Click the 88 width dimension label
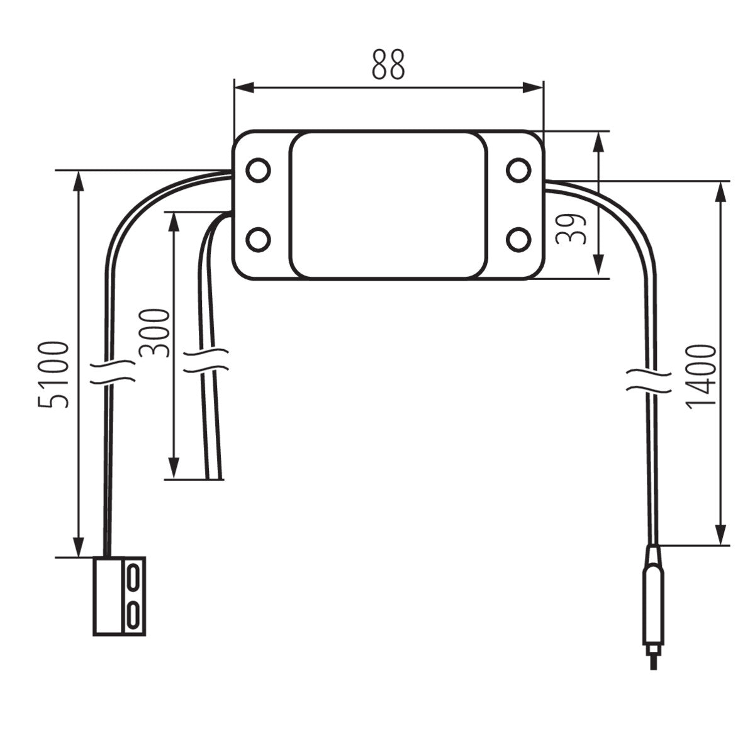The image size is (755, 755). point(388,64)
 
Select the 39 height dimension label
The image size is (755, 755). point(572,228)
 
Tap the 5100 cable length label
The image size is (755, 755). point(53,375)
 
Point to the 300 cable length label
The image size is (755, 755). point(155,333)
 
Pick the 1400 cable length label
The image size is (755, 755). point(701,376)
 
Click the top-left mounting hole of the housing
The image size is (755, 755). point(258,170)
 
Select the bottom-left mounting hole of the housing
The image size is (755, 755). point(258,240)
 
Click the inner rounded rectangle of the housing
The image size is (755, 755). point(388,205)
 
